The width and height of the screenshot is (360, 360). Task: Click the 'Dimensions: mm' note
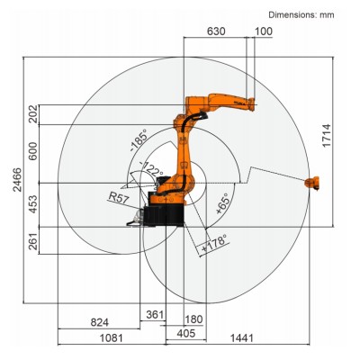(x=308, y=13)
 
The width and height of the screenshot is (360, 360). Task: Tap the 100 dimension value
(x=263, y=31)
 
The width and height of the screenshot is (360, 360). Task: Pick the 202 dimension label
(x=34, y=115)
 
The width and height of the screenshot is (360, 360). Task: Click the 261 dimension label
(x=34, y=242)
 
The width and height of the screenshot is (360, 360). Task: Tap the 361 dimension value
(x=154, y=314)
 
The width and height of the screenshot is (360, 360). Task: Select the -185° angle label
(x=138, y=143)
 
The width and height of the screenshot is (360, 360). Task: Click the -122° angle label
(x=128, y=171)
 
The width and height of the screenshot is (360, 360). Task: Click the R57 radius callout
(x=117, y=194)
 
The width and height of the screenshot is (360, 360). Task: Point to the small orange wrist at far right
(x=314, y=184)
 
